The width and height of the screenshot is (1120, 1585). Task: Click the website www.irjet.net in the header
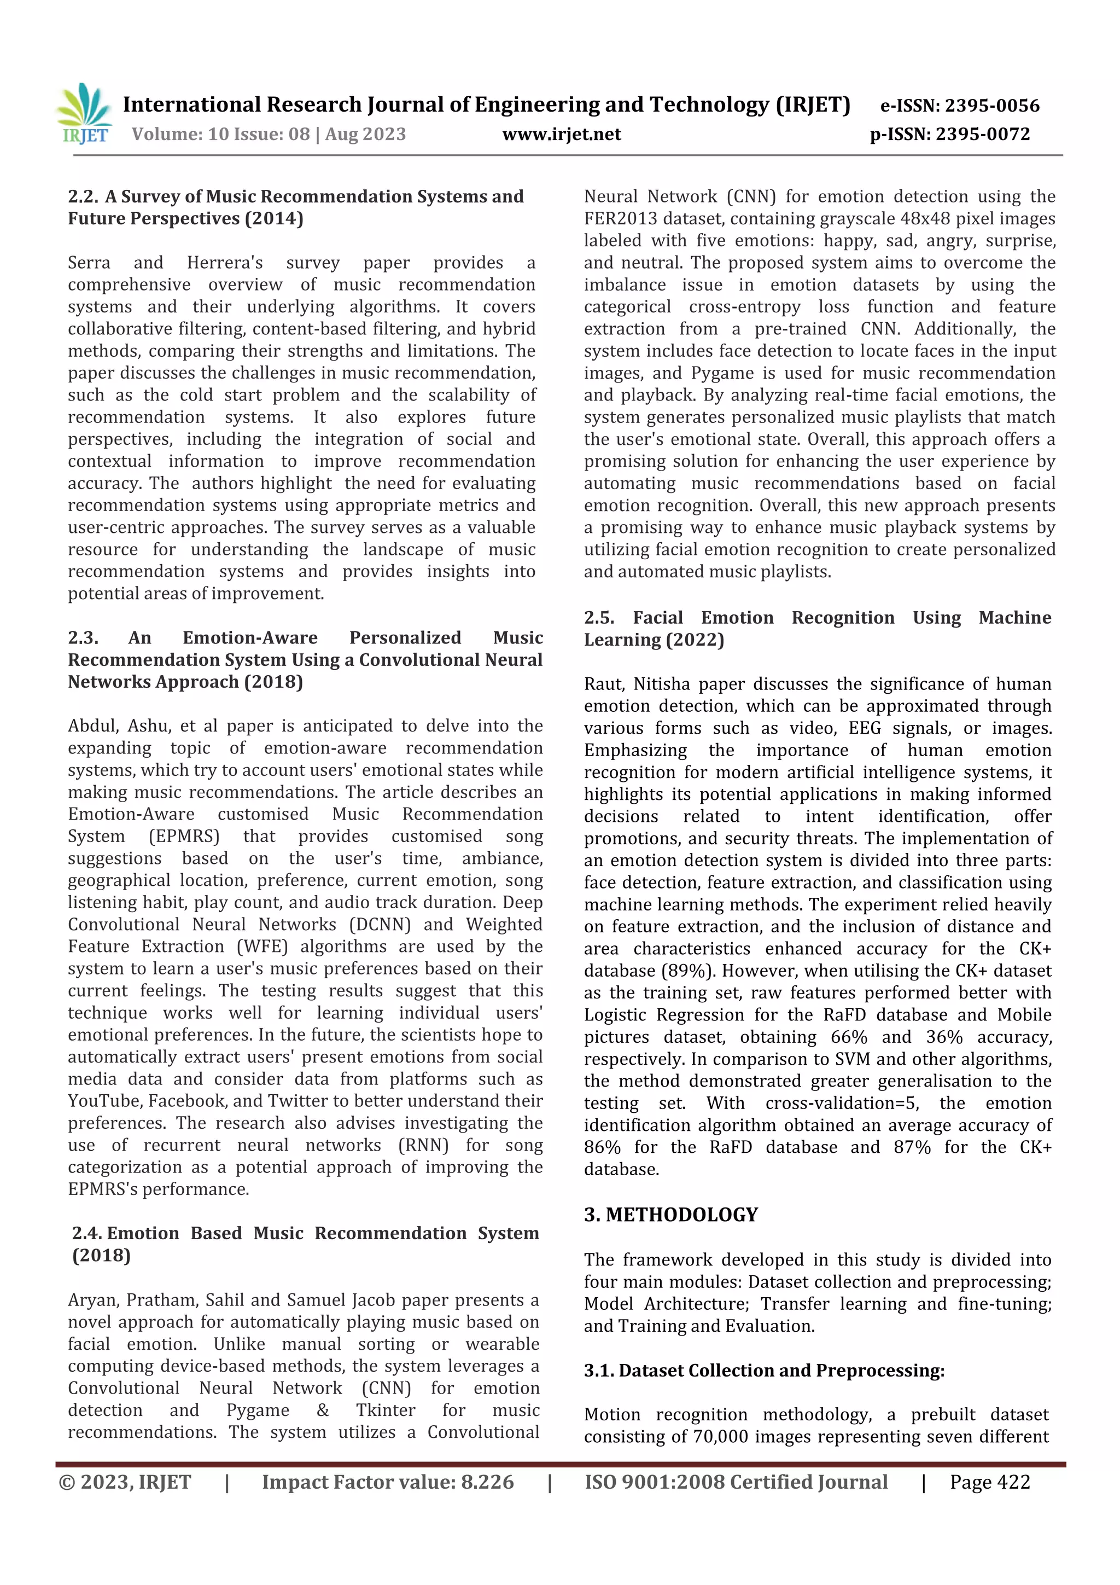tap(561, 135)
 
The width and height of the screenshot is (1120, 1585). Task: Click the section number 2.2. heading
tap(84, 197)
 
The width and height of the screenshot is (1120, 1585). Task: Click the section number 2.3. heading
tap(84, 638)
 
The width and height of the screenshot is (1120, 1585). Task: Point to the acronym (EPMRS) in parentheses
tap(184, 837)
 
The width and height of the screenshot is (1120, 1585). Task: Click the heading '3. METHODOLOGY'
tap(671, 1215)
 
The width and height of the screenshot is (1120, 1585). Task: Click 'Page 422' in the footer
tap(990, 1482)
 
